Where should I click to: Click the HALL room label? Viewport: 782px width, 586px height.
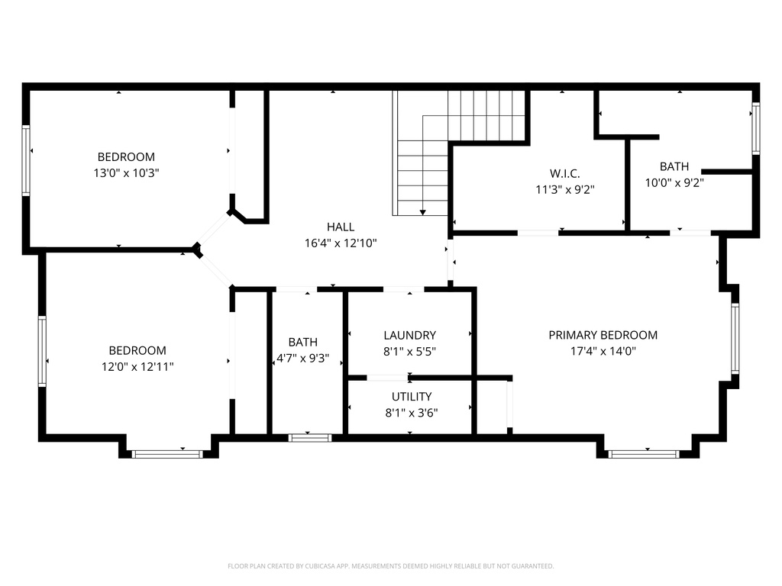[340, 227]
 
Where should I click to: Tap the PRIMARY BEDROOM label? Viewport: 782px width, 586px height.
[603, 335]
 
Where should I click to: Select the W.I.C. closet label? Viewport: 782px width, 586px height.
[564, 172]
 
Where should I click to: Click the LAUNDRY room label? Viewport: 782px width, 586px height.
[409, 335]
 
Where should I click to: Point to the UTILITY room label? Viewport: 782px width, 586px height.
[412, 397]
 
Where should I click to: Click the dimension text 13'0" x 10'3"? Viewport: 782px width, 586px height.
[126, 173]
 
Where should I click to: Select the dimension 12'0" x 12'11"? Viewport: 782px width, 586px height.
[137, 366]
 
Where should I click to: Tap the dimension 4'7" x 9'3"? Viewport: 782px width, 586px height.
[302, 358]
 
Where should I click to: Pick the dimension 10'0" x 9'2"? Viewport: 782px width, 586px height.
[674, 182]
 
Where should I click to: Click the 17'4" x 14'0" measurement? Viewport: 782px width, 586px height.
[603, 351]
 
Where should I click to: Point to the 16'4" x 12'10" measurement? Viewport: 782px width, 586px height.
[340, 243]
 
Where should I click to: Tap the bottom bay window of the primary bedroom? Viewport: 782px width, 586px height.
[643, 454]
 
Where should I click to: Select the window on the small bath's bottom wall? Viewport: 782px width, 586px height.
[309, 438]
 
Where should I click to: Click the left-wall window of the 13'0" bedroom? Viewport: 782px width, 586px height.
[26, 161]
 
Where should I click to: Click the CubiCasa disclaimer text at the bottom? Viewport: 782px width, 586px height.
[390, 566]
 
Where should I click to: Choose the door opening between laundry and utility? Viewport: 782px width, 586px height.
[387, 378]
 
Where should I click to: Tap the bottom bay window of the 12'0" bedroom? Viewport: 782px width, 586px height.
[167, 454]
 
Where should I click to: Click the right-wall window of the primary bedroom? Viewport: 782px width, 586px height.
[735, 339]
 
